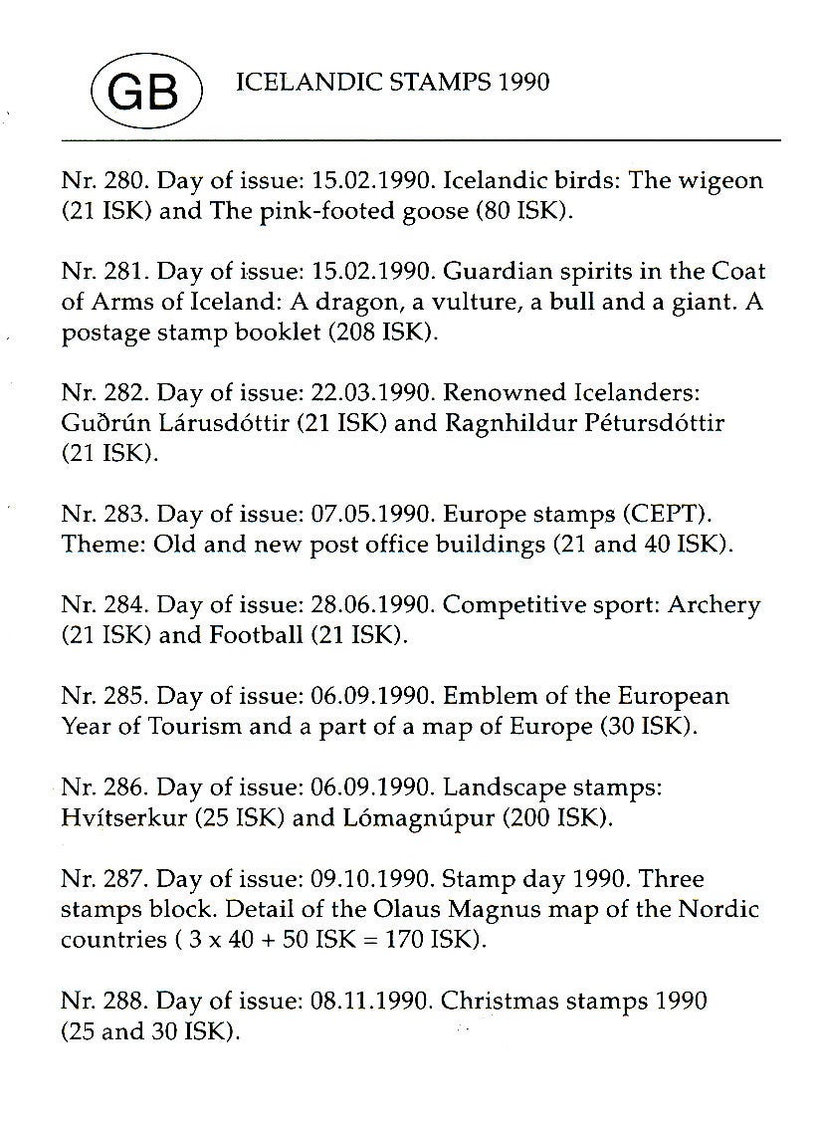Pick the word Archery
(x=715, y=605)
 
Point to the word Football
(x=255, y=635)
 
